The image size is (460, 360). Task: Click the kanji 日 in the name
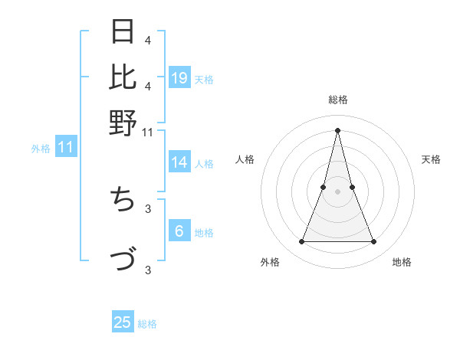pyautogui.click(x=123, y=32)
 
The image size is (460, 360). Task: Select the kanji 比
pyautogui.click(x=123, y=77)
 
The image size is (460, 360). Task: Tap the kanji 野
pyautogui.click(x=123, y=123)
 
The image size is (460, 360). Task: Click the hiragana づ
pyautogui.click(x=123, y=259)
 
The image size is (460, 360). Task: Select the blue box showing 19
pyautogui.click(x=179, y=77)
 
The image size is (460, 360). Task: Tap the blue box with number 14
pyautogui.click(x=179, y=162)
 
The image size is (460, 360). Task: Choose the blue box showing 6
pyautogui.click(x=179, y=232)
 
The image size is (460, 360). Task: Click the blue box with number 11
pyautogui.click(x=66, y=148)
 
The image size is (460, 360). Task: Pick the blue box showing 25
pyautogui.click(x=123, y=322)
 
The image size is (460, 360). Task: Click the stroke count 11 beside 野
pyautogui.click(x=148, y=133)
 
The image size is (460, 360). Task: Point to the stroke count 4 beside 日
pyautogui.click(x=148, y=40)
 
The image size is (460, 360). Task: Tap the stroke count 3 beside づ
pyautogui.click(x=148, y=269)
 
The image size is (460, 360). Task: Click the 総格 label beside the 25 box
pyautogui.click(x=147, y=324)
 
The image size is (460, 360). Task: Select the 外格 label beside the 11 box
pyautogui.click(x=41, y=149)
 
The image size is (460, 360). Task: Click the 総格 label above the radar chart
pyautogui.click(x=337, y=100)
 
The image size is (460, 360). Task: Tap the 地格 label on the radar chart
pyautogui.click(x=402, y=263)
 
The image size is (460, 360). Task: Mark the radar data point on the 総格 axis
pyautogui.click(x=337, y=129)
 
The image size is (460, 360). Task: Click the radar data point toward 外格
pyautogui.click(x=301, y=242)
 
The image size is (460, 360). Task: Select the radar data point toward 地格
pyautogui.click(x=374, y=242)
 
